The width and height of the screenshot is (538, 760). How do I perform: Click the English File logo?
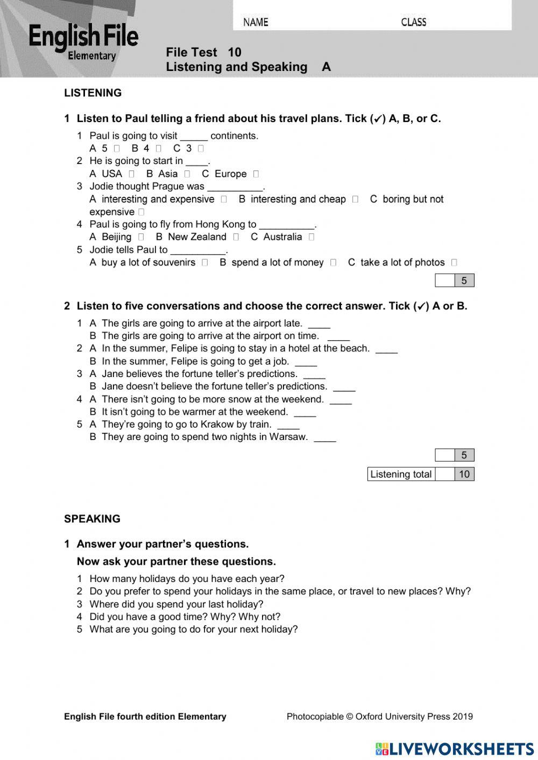click(83, 41)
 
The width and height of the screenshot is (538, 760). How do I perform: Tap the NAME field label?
click(256, 22)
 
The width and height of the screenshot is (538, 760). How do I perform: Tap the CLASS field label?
click(413, 22)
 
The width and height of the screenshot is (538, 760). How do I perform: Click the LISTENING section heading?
click(93, 93)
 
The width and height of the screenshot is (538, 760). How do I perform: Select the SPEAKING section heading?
click(92, 519)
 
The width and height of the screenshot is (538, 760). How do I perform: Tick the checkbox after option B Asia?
click(187, 174)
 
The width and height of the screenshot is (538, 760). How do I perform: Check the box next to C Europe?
click(256, 174)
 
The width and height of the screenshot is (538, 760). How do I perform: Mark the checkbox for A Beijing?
click(141, 237)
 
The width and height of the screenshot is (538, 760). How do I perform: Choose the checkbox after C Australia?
click(312, 237)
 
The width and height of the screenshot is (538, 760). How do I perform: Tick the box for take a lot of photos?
click(455, 262)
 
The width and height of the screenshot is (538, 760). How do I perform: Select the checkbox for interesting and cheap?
click(355, 199)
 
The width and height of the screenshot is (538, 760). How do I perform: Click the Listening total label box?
click(401, 474)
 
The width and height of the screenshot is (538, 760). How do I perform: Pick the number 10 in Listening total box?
click(464, 474)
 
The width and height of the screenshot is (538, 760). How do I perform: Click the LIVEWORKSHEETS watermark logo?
click(455, 749)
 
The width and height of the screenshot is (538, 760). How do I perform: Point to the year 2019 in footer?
click(463, 716)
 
